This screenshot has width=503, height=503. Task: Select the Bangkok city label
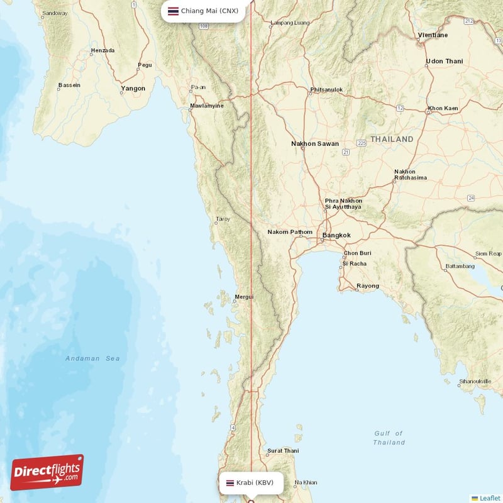336,236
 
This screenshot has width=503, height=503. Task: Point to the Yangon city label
133,89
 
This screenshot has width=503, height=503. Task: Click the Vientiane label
433,35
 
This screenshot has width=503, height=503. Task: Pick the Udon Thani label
444,61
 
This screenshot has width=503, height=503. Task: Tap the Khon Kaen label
443,109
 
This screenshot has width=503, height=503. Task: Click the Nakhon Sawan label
315,144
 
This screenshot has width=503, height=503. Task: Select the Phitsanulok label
326,90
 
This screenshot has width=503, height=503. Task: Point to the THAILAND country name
392,139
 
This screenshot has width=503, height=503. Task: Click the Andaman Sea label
92,358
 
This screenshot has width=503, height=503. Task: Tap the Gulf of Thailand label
389,438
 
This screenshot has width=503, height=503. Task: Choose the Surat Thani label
283,451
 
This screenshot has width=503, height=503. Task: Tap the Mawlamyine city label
207,106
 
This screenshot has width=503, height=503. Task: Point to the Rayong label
368,286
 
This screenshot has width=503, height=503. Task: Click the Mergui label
244,297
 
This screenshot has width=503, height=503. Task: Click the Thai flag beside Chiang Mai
173,11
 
